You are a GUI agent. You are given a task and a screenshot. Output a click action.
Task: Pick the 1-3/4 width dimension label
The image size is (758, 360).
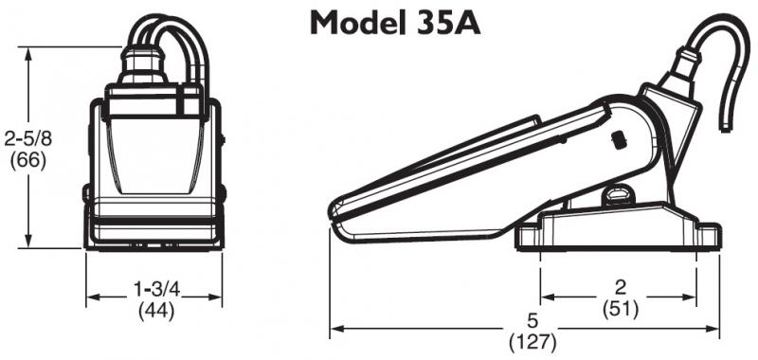tap(155, 288)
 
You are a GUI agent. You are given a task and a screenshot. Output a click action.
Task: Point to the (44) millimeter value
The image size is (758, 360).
tap(155, 310)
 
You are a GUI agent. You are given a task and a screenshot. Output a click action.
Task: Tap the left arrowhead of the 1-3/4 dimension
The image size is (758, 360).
tap(91, 298)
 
